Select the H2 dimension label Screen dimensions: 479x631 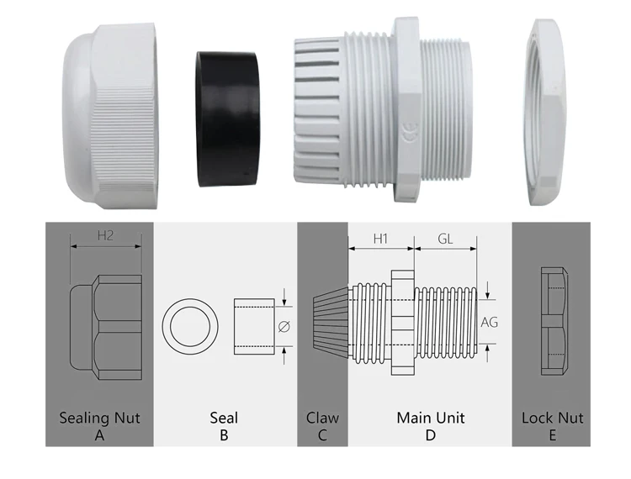[x=105, y=236]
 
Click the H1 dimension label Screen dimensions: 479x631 [x=380, y=239]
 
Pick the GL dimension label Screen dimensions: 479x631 [x=446, y=239]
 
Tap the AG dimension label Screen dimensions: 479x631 [x=489, y=322]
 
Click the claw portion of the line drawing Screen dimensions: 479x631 [x=330, y=323]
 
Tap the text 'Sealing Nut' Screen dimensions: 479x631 [x=99, y=418]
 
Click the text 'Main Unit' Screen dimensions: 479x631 [x=430, y=418]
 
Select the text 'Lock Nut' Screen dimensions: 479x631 [x=552, y=418]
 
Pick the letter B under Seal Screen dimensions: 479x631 [x=224, y=435]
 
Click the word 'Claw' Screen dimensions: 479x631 [x=322, y=418]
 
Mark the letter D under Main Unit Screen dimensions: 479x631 [x=430, y=435]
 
